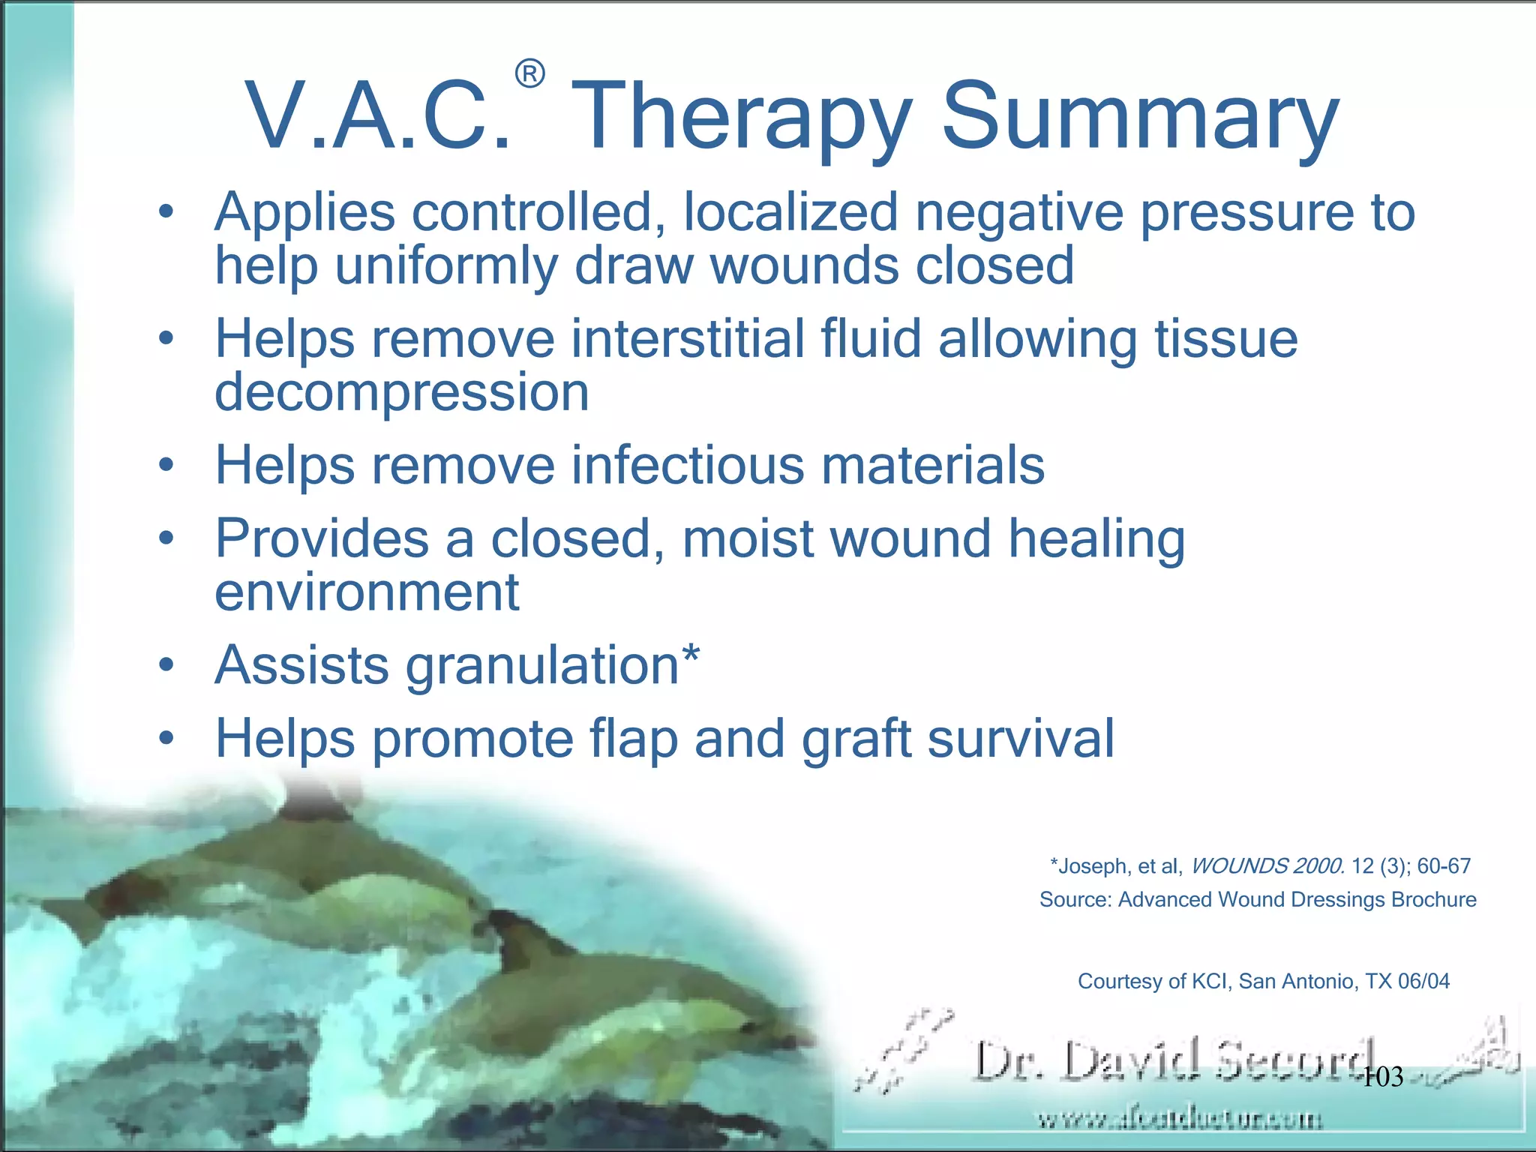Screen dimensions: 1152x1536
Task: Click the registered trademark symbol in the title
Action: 529,74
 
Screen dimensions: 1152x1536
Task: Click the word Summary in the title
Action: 1139,118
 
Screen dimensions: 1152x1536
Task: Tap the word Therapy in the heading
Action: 745,118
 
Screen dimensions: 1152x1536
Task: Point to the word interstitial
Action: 687,339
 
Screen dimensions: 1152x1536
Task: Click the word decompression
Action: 402,392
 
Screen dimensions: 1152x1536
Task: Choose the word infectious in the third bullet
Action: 687,465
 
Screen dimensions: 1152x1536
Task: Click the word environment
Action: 367,592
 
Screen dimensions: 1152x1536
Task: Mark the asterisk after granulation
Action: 691,654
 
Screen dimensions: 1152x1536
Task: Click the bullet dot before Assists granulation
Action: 166,664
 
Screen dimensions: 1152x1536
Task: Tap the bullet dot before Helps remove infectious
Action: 166,465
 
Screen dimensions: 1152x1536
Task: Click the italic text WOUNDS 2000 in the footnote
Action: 1267,866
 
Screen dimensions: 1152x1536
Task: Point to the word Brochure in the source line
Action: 1433,899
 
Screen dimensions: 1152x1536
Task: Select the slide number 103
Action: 1381,1077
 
